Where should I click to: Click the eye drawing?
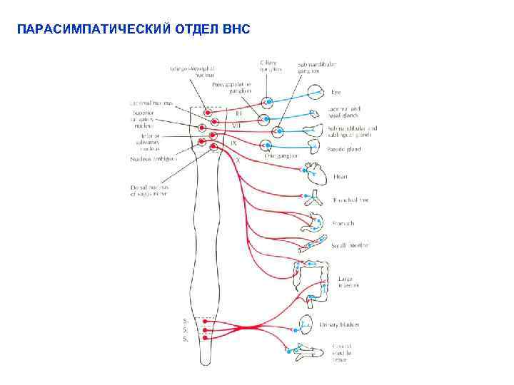coord(316,92)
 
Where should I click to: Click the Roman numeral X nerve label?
coord(238,160)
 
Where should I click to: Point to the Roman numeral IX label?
coord(233,143)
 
